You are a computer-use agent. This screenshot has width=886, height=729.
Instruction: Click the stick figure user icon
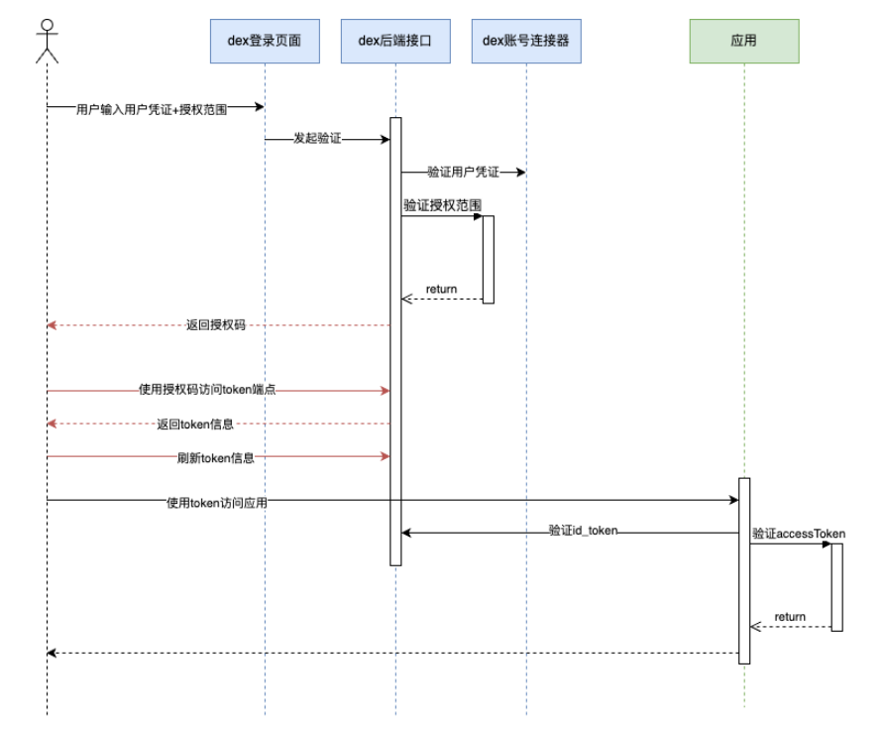[47, 41]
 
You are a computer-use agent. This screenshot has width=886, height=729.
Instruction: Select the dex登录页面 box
[265, 41]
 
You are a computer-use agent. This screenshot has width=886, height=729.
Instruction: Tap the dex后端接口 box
[394, 41]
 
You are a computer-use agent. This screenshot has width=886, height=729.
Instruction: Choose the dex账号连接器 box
[525, 41]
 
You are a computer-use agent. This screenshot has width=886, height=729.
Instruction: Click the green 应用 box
[743, 41]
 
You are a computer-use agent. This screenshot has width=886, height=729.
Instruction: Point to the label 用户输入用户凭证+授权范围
[152, 110]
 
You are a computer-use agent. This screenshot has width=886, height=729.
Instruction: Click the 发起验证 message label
[317, 140]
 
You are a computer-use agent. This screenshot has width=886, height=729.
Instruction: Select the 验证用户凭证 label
[463, 173]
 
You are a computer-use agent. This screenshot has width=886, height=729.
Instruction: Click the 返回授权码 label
[215, 325]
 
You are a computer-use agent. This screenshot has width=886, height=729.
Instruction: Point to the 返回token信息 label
[195, 425]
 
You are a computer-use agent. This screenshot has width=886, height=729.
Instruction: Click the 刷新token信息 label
[215, 458]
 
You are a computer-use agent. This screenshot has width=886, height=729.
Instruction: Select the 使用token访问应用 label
[217, 503]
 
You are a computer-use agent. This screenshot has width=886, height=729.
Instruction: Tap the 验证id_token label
[583, 531]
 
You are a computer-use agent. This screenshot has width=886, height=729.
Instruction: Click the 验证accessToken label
[798, 534]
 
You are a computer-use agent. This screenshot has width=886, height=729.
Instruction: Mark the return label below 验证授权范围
[441, 290]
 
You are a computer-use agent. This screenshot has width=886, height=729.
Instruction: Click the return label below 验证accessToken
[790, 617]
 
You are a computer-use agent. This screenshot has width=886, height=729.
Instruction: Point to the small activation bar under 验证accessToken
[836, 586]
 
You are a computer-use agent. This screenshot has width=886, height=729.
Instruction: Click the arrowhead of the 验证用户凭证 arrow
[520, 173]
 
